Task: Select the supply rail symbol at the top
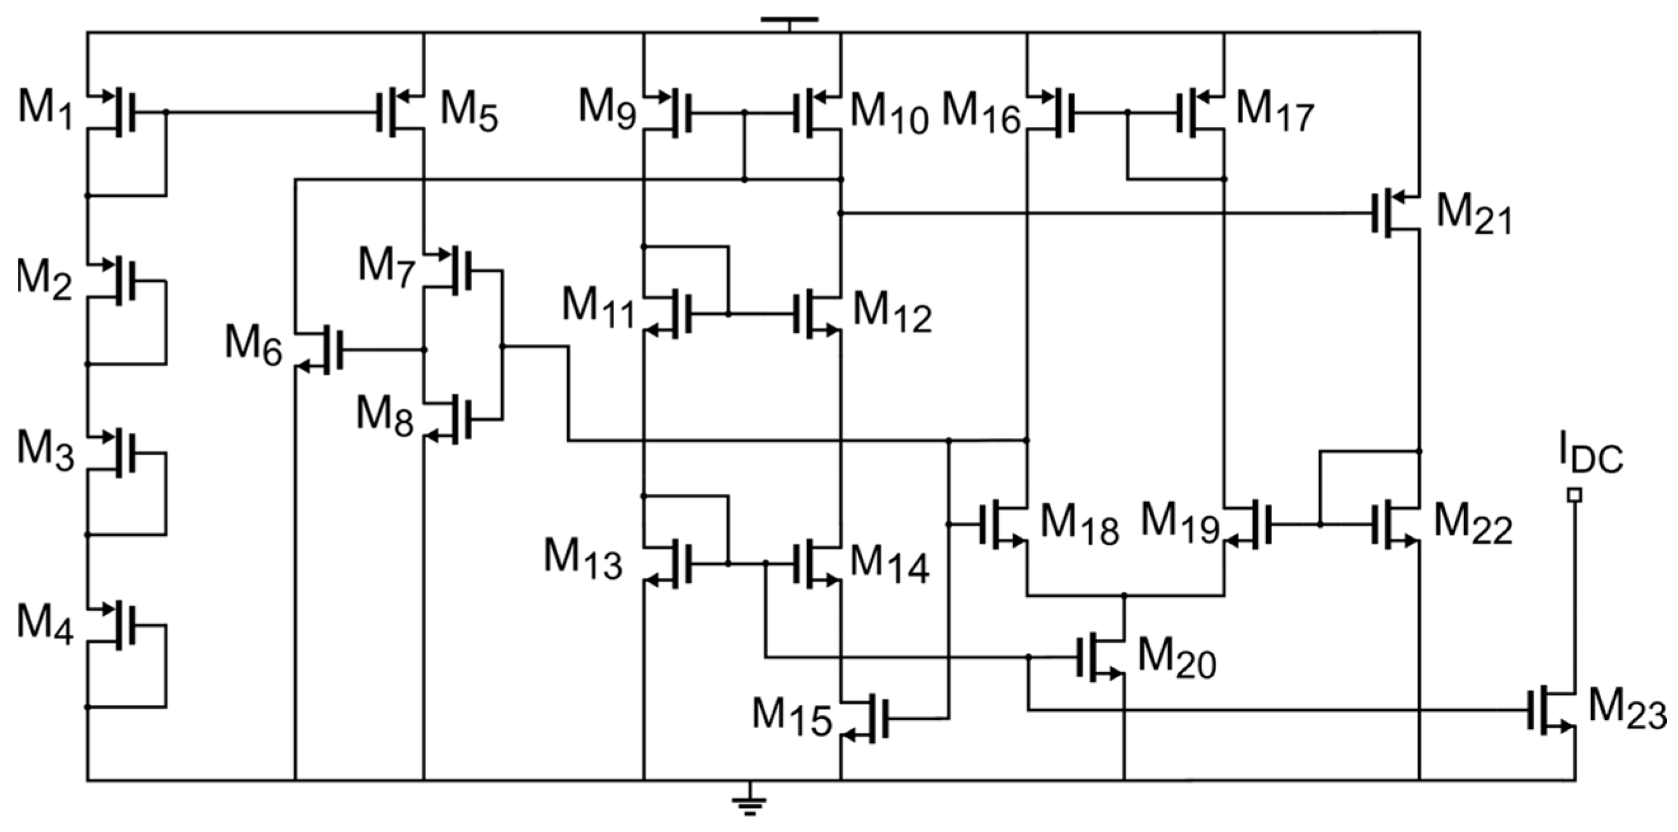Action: click(x=789, y=20)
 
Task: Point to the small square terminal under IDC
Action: click(x=1574, y=496)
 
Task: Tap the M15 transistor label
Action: click(x=792, y=716)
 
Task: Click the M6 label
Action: click(x=253, y=345)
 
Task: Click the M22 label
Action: click(x=1472, y=525)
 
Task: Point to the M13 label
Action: click(x=582, y=559)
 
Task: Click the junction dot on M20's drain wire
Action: click(x=1124, y=595)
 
